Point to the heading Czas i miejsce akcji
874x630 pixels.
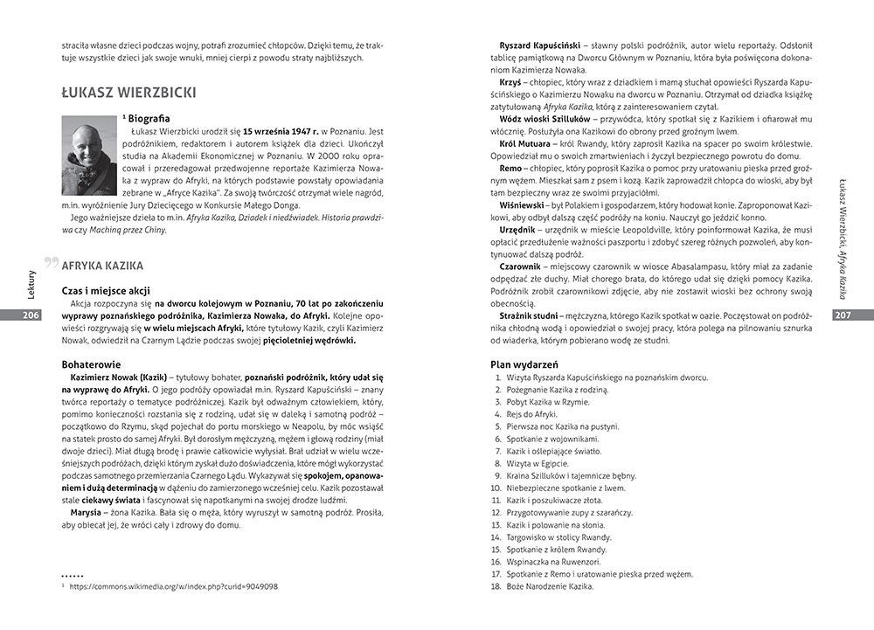(x=104, y=288)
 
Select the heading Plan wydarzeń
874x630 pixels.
(x=524, y=364)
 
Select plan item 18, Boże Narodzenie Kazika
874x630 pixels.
(x=550, y=586)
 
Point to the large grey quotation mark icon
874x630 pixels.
(x=52, y=262)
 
